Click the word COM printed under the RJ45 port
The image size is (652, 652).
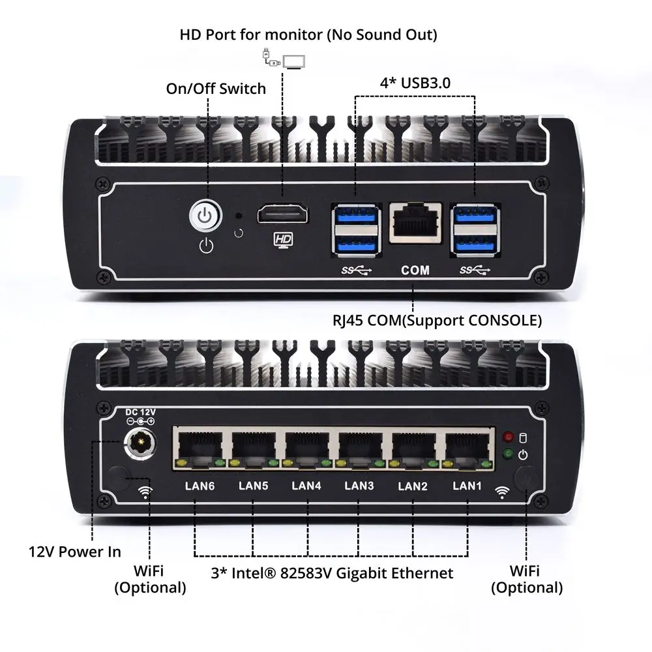pyautogui.click(x=415, y=269)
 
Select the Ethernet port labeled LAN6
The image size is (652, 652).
pyautogui.click(x=198, y=448)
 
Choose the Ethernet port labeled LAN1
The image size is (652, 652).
pyautogui.click(x=465, y=448)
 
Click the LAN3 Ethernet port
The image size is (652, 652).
pyautogui.click(x=358, y=448)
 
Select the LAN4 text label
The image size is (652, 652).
pyautogui.click(x=305, y=485)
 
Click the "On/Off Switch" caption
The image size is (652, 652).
pyautogui.click(x=216, y=89)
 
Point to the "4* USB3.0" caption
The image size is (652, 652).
pyautogui.click(x=415, y=83)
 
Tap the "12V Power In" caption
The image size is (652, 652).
pyautogui.click(x=75, y=552)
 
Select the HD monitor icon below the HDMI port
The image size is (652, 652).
pyautogui.click(x=283, y=240)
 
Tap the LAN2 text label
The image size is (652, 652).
pyautogui.click(x=412, y=486)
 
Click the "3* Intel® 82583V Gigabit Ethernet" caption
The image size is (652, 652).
pyautogui.click(x=332, y=573)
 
